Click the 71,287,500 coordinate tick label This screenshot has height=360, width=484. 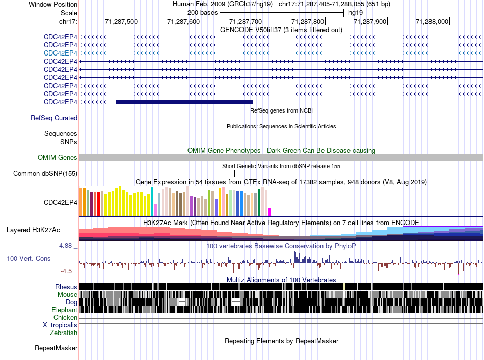(121, 21)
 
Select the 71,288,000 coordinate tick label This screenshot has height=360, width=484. (432, 21)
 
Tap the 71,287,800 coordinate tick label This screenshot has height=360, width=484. (308, 21)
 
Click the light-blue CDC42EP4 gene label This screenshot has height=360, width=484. (61, 53)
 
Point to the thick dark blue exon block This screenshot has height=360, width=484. (184, 102)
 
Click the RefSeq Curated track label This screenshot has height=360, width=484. (54, 118)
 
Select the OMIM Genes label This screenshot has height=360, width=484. (58, 158)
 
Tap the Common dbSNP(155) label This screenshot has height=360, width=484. (45, 173)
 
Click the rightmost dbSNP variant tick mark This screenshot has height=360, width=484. (467, 173)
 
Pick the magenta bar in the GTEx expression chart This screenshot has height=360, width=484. (270, 212)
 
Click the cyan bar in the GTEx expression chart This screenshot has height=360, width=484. (152, 201)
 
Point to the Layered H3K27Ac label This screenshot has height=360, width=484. (33, 230)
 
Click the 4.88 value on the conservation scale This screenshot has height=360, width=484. (65, 246)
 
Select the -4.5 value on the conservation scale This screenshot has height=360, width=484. (66, 271)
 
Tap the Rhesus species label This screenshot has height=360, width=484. (66, 287)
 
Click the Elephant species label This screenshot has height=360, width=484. (64, 310)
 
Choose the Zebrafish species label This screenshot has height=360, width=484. (64, 333)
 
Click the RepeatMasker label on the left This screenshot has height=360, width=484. (56, 348)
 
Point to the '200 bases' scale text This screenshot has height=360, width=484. (202, 13)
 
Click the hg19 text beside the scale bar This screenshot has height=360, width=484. (356, 13)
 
